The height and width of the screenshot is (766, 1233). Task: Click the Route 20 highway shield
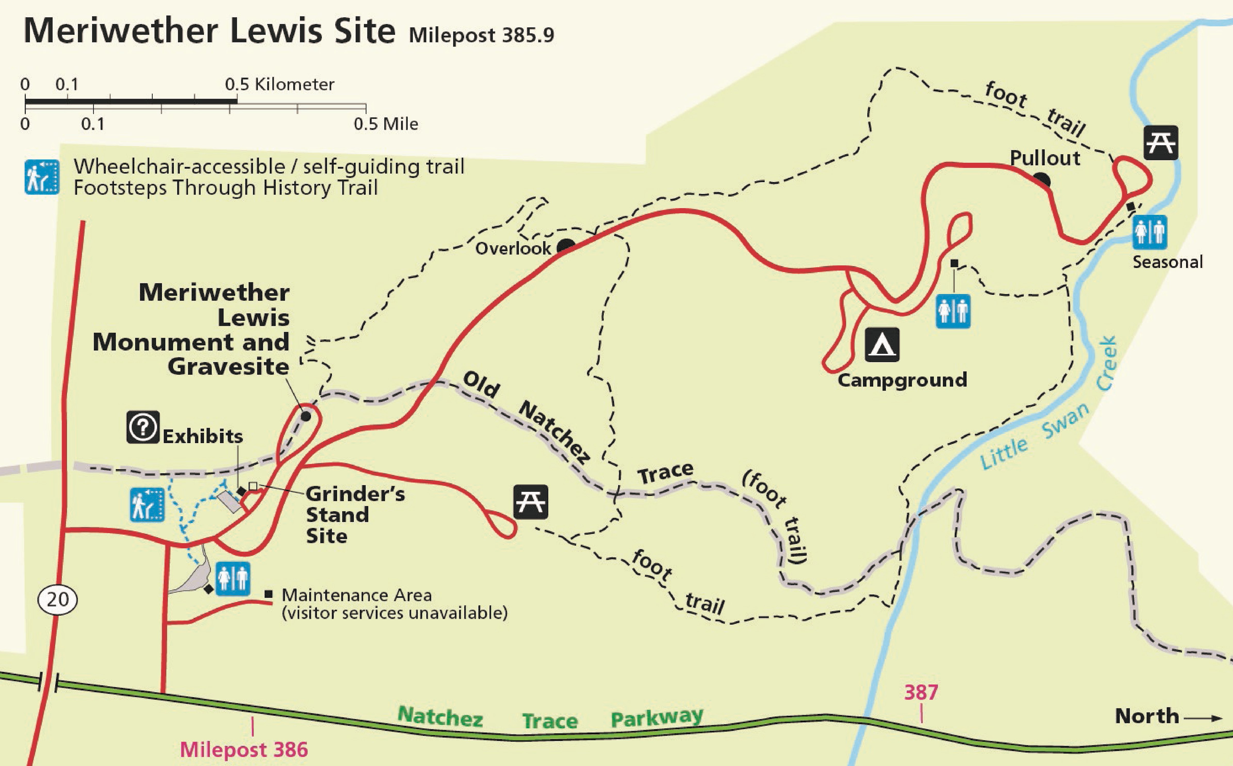tap(58, 600)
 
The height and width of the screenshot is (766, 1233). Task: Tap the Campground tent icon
tap(882, 345)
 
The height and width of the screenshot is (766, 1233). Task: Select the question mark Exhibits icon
tap(143, 427)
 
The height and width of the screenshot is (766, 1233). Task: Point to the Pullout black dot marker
tap(1042, 180)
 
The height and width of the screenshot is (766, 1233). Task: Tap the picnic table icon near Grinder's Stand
tap(530, 502)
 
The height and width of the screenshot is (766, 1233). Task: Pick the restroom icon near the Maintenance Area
tap(233, 578)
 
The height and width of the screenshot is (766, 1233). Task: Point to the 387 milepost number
tap(921, 692)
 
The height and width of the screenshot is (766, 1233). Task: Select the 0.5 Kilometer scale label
tap(280, 84)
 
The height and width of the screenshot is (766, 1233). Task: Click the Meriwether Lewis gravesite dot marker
tap(305, 417)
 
